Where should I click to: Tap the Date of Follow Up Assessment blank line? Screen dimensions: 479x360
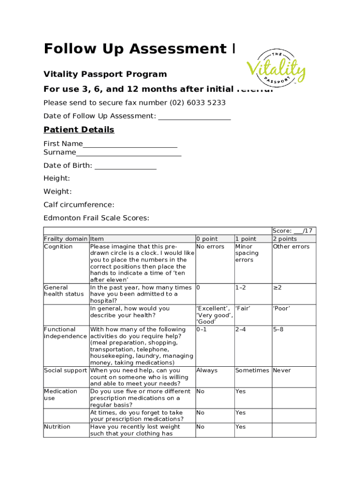194,117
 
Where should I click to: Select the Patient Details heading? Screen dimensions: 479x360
79,130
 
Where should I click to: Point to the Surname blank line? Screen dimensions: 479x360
129,153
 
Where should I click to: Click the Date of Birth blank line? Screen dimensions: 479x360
125,167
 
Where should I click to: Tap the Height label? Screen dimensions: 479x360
57,178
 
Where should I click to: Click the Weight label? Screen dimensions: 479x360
58,191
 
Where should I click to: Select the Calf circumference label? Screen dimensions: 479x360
79,204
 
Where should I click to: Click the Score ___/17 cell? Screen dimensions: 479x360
293,231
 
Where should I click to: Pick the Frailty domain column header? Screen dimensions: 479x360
65,239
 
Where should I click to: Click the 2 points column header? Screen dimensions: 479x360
285,239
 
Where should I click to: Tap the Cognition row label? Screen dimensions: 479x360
58,247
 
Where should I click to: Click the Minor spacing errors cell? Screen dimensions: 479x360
246,253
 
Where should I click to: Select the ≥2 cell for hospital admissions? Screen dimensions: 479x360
277,288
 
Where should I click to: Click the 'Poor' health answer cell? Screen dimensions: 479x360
281,309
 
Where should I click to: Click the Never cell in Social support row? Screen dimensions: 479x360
282,370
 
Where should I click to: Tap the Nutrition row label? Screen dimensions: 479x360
57,427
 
